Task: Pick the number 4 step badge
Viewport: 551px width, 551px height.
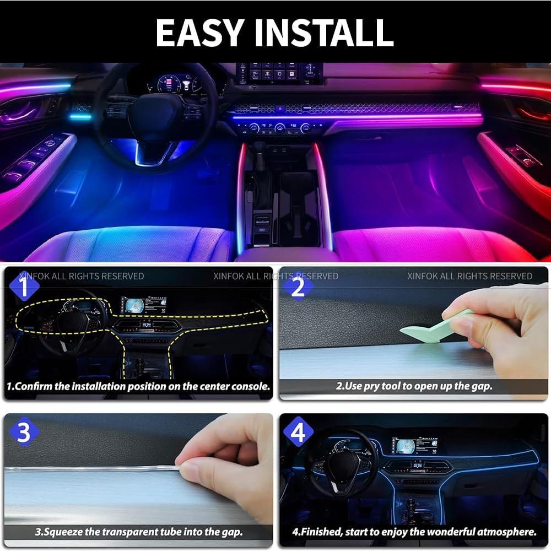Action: (298, 433)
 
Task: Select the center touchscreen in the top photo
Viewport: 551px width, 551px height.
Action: (280, 73)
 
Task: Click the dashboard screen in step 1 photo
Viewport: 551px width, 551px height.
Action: (143, 305)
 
